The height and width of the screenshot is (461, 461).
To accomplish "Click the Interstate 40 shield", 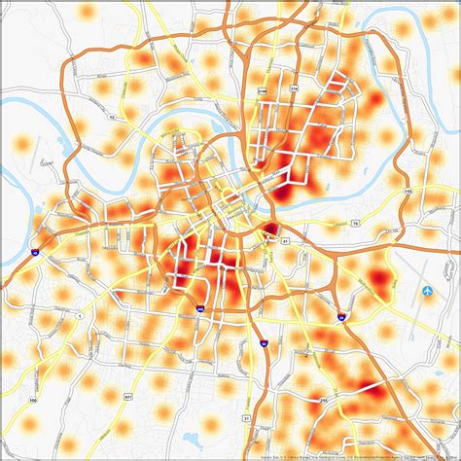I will point(34,251).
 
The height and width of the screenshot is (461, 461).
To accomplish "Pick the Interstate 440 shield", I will point(199,309).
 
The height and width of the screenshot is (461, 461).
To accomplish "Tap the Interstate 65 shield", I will point(264,341).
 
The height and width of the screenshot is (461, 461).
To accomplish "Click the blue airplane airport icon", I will point(429,291).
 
